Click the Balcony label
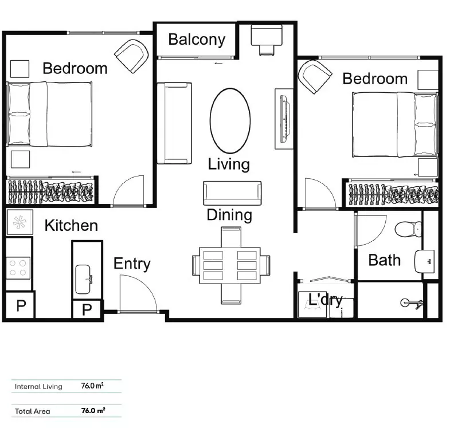click(x=197, y=40)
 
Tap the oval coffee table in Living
click(x=230, y=120)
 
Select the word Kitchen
click(x=71, y=225)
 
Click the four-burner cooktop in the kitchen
click(x=18, y=266)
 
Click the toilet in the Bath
click(x=410, y=229)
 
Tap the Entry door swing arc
click(x=138, y=293)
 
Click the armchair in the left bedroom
click(x=132, y=56)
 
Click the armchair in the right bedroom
click(x=315, y=76)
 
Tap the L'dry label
click(x=325, y=299)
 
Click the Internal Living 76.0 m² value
click(x=92, y=386)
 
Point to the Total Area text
click(x=33, y=411)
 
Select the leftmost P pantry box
click(x=21, y=305)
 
